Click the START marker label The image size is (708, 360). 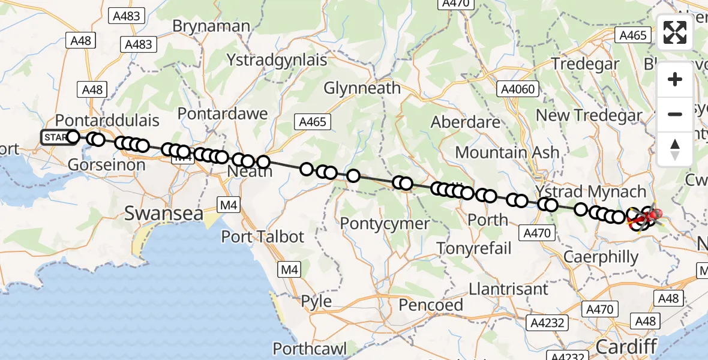point(55,137)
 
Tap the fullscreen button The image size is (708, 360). point(675,32)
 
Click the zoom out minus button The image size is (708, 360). point(675,114)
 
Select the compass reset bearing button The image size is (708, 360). point(675,149)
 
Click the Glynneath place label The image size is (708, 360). point(362,88)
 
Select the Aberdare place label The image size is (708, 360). point(466,122)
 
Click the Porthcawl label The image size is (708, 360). point(311,349)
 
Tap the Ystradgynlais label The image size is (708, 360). point(277,60)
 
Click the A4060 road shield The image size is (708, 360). point(519,89)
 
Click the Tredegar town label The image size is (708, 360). point(585,64)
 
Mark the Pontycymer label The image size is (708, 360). point(385,224)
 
